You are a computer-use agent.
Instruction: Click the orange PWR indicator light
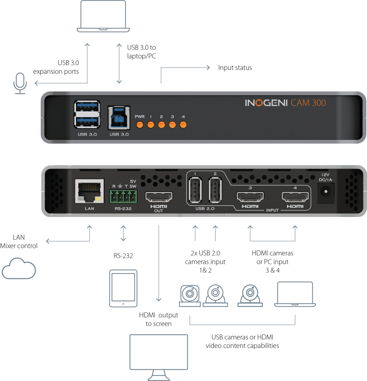(x=140, y=124)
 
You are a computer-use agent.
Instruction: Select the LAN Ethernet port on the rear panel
(x=89, y=191)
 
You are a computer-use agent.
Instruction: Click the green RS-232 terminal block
(x=123, y=195)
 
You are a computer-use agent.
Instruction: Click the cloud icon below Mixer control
(x=19, y=268)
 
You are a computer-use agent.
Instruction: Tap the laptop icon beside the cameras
(x=295, y=294)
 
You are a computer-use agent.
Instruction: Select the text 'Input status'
(x=235, y=68)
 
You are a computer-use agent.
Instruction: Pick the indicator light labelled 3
(x=172, y=124)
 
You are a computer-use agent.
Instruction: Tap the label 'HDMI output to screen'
(x=159, y=320)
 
